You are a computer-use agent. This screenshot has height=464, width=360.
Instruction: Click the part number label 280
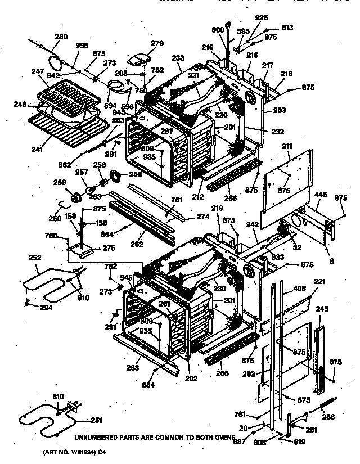click(60, 38)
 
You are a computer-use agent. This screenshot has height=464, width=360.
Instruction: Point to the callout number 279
click(156, 43)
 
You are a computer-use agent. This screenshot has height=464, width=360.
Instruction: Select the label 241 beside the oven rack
click(37, 150)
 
